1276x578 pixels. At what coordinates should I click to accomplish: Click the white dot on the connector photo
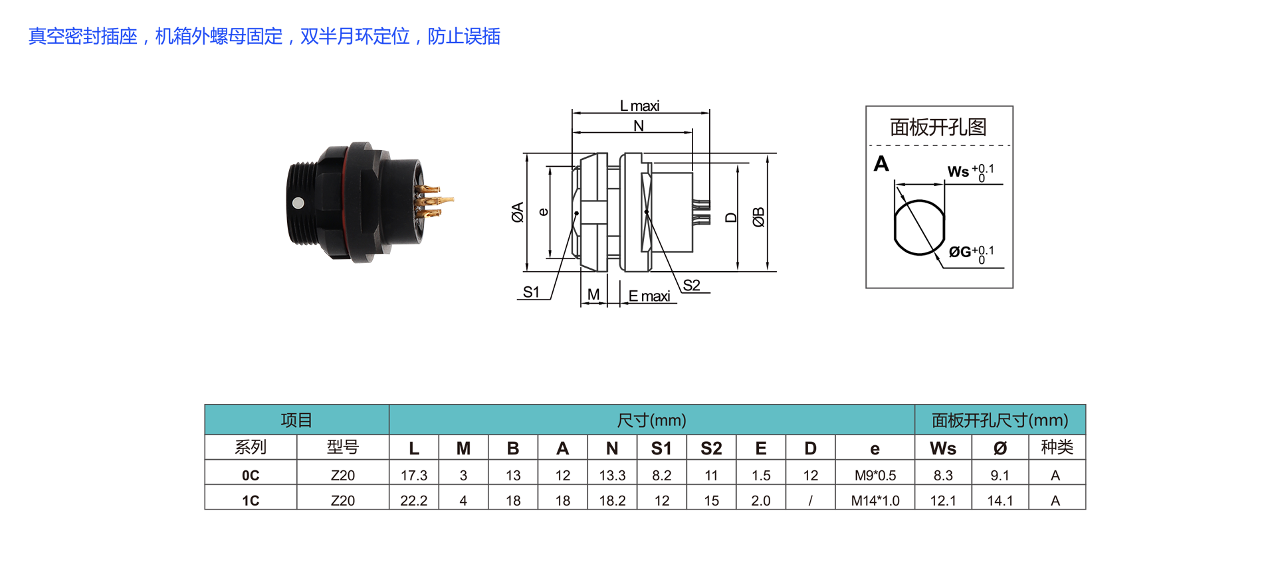[x=298, y=203]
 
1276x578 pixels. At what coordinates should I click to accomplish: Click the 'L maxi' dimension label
[x=639, y=106]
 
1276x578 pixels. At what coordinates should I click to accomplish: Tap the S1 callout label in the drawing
[x=531, y=292]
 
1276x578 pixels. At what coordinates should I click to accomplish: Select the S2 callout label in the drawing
[x=691, y=285]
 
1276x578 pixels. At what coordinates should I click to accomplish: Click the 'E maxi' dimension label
[x=649, y=296]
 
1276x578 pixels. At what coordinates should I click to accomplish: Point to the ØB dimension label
[x=758, y=217]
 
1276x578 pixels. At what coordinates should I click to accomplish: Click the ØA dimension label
[x=518, y=212]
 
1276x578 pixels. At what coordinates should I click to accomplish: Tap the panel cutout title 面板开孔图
[x=938, y=127]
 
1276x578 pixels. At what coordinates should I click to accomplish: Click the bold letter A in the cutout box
[x=881, y=163]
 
